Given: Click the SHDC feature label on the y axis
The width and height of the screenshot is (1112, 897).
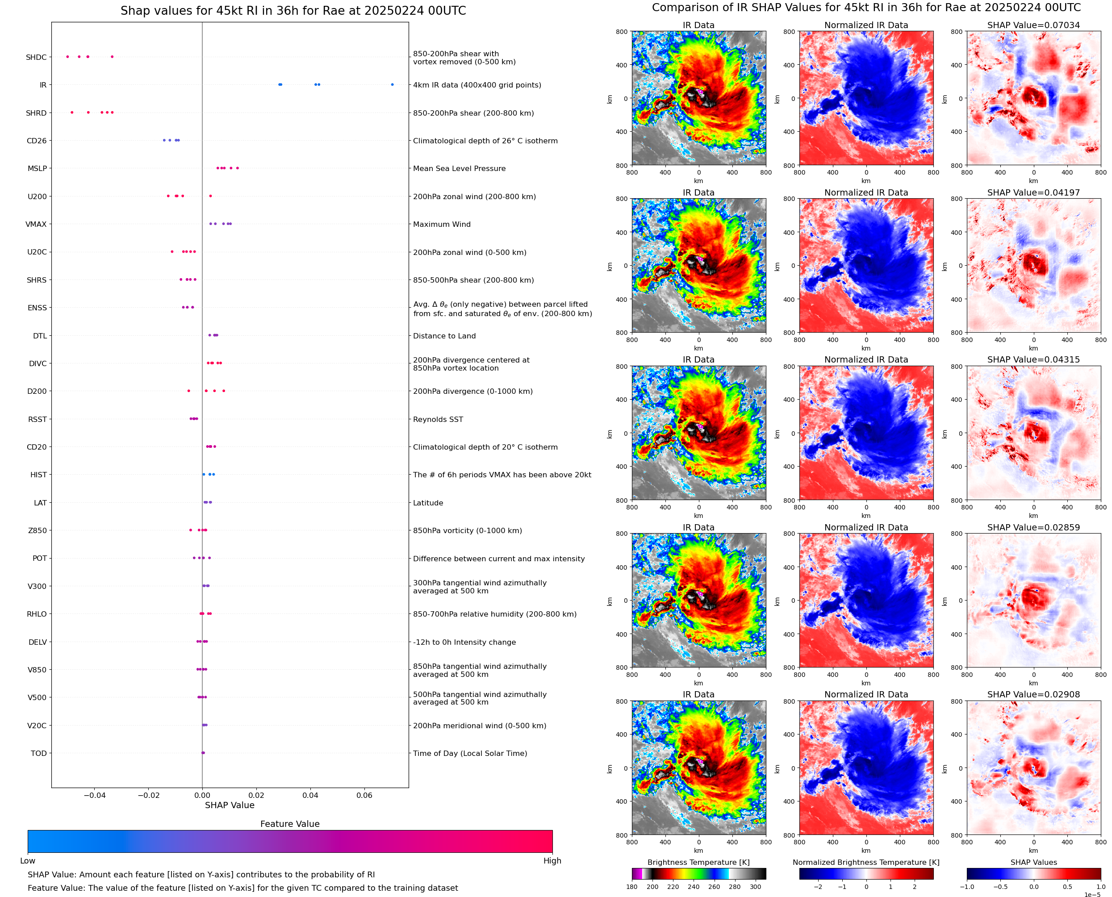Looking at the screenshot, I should [x=36, y=57].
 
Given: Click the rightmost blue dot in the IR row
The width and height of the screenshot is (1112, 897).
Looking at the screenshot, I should [x=392, y=85].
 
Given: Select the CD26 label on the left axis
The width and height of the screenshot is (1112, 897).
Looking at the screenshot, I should [x=37, y=141].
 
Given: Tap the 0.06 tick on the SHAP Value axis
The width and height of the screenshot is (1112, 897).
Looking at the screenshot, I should [x=364, y=795].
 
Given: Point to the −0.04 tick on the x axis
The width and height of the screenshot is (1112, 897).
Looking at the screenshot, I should [x=95, y=795].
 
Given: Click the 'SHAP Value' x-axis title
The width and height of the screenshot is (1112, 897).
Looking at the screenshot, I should [x=230, y=805].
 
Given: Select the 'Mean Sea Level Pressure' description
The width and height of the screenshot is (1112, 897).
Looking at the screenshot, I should [x=459, y=168].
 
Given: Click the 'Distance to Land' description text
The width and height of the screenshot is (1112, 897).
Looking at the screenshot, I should [x=444, y=336].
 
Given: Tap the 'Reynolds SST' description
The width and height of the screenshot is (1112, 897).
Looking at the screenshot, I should [x=438, y=419].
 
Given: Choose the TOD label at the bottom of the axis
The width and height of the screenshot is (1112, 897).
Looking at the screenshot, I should [x=39, y=753].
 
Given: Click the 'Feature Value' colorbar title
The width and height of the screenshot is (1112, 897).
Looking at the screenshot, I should [x=289, y=824].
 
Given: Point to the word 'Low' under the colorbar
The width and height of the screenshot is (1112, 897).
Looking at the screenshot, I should [x=28, y=860].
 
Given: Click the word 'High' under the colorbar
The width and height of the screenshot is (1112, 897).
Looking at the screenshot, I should [x=552, y=860].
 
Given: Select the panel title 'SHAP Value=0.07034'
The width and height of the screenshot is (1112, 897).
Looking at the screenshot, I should [x=1033, y=25].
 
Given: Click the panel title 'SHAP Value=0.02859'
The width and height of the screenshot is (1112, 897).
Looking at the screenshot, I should [x=1033, y=528].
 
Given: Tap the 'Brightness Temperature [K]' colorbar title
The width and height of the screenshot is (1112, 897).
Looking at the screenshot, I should [x=698, y=862].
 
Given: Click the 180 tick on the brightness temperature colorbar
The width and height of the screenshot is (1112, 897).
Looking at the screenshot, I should [x=632, y=887].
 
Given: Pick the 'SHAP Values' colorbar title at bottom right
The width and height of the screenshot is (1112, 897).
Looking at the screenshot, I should [x=1033, y=862].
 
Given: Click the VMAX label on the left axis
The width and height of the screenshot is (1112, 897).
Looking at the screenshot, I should [x=36, y=224].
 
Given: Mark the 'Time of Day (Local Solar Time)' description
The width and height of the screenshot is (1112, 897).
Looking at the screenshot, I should [x=470, y=753].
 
